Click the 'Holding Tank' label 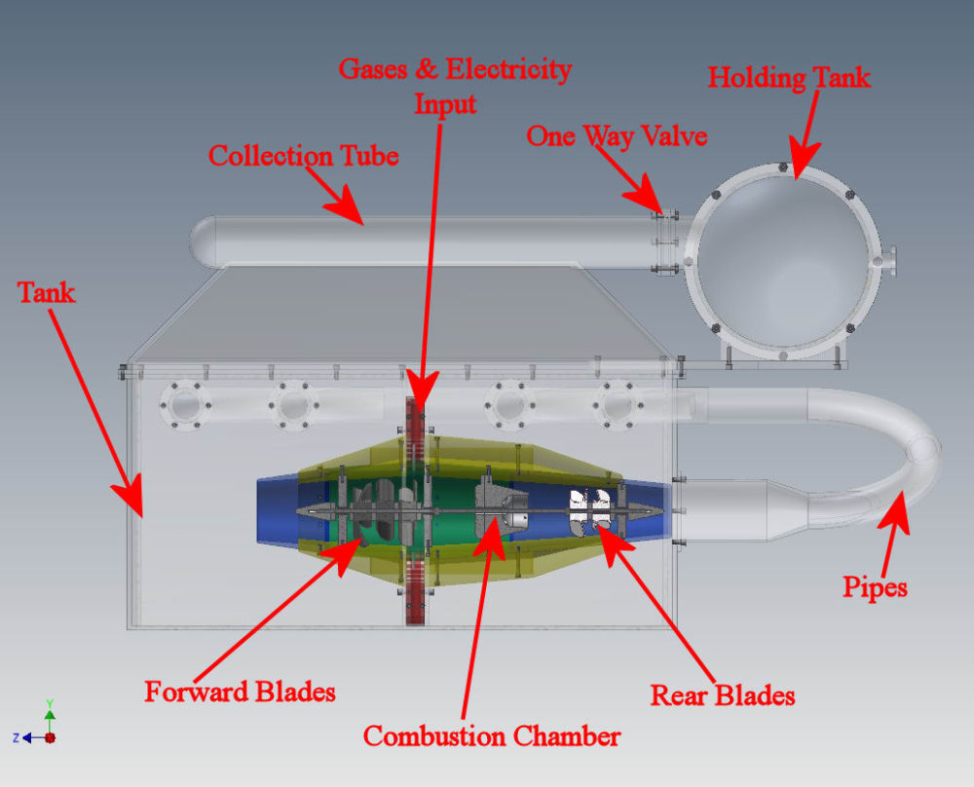789,77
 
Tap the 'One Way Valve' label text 616,135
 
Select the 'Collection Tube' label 303,155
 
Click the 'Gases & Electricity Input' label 454,86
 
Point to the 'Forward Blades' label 240,692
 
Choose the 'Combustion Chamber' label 491,735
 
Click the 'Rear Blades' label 723,694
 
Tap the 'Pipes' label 875,587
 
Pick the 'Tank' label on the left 46,291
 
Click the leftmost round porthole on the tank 185,405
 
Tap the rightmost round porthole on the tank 616,405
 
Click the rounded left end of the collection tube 202,240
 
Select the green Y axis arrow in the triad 50,714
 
